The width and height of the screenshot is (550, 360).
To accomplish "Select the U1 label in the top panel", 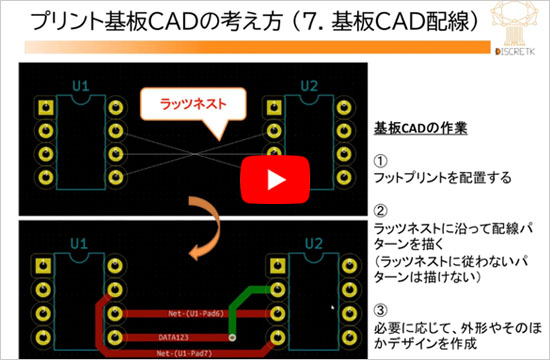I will click(x=79, y=87).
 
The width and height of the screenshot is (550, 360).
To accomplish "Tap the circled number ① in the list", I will click(x=381, y=161).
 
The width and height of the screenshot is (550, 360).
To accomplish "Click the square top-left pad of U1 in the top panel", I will click(x=43, y=106).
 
